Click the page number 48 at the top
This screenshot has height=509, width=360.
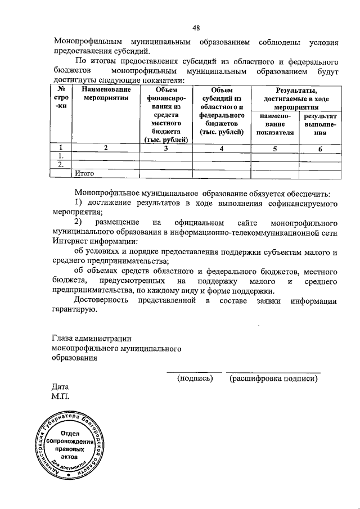(x=196, y=28)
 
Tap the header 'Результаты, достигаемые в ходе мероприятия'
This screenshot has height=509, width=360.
(x=296, y=98)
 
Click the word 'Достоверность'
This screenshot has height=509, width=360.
(x=105, y=301)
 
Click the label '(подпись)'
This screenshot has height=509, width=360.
(x=195, y=379)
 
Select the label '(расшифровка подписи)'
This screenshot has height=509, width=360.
(x=273, y=379)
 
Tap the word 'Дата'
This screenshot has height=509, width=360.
(x=60, y=387)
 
